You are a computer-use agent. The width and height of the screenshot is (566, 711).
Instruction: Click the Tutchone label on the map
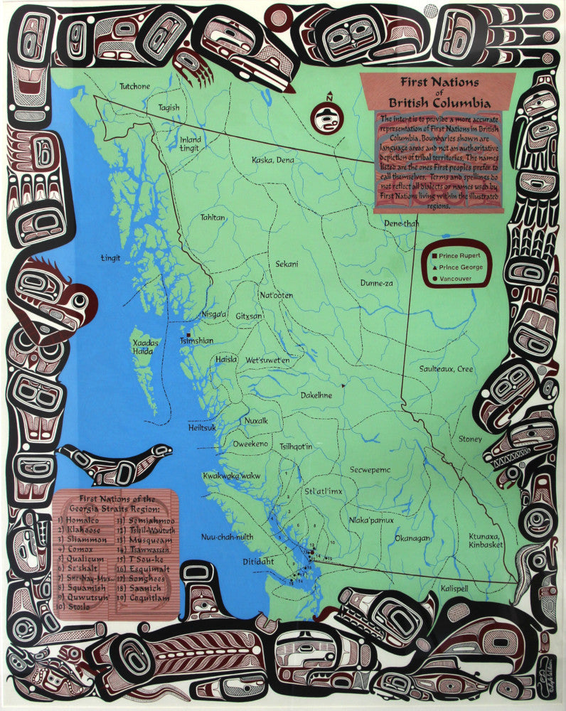tap(134, 87)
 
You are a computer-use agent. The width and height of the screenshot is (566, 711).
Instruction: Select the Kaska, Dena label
tap(273, 160)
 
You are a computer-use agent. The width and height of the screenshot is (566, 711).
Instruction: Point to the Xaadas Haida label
tap(145, 346)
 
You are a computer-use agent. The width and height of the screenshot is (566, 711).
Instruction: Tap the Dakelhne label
tap(316, 395)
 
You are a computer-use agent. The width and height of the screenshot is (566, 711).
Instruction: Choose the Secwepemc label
tap(370, 469)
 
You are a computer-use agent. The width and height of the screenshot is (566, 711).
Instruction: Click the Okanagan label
tap(412, 538)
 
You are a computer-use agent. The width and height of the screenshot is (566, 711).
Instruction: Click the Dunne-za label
tap(376, 282)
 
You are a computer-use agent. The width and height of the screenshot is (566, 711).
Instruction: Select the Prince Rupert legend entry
tap(460, 255)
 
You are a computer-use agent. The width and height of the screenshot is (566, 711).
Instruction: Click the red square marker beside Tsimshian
tap(188, 334)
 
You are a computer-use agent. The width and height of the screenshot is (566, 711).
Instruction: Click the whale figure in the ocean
tap(117, 461)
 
